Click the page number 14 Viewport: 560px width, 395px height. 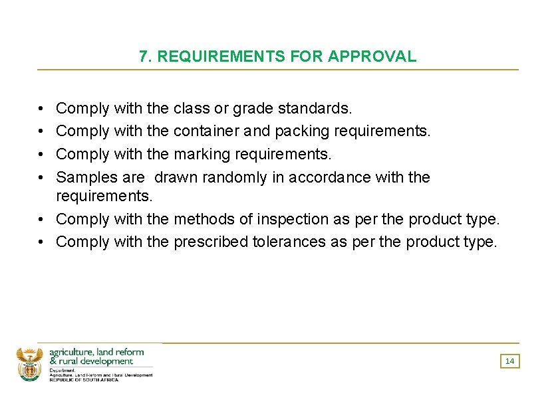click(510, 361)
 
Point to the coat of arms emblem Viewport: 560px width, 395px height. click(29, 364)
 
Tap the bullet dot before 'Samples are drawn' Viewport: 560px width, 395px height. click(41, 177)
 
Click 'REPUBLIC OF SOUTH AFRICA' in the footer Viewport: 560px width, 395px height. click(84, 380)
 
